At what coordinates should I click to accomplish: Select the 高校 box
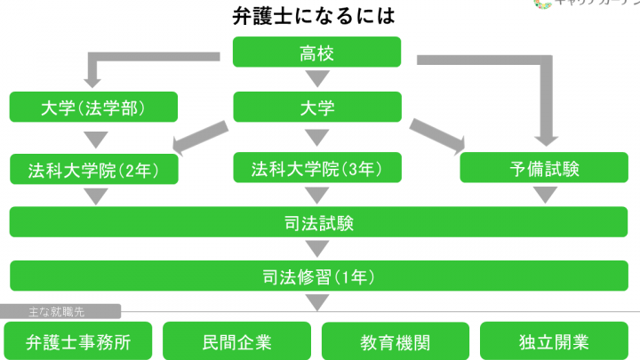click(318, 52)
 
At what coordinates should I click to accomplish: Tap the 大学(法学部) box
click(92, 108)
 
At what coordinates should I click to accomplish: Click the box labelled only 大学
click(318, 108)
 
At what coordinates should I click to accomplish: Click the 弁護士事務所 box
click(78, 340)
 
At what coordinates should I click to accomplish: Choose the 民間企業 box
click(236, 340)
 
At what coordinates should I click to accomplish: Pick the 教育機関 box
click(395, 340)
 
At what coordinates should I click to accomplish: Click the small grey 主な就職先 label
click(60, 312)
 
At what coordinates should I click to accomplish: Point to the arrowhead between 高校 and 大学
click(318, 82)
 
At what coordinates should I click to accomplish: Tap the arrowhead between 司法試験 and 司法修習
click(318, 248)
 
